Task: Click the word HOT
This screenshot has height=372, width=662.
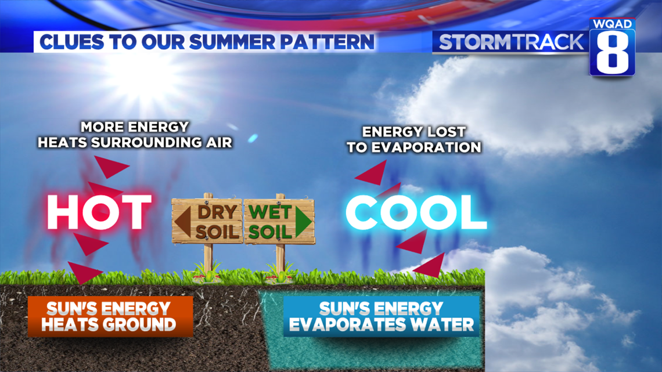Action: [99, 212]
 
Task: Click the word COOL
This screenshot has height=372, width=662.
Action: [416, 212]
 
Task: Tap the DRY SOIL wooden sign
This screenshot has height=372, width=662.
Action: [207, 221]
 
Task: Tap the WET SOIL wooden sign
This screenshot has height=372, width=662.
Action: [279, 221]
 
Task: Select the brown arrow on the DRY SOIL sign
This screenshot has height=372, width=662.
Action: [183, 222]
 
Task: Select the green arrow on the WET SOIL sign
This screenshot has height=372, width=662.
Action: [304, 222]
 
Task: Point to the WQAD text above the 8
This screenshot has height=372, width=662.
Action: [612, 24]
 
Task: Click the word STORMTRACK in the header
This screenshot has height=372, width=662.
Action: [511, 42]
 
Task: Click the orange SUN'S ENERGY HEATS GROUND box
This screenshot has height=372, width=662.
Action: [110, 317]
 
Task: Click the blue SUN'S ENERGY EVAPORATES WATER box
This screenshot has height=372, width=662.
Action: [382, 317]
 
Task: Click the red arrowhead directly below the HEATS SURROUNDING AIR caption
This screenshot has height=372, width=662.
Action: [110, 166]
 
